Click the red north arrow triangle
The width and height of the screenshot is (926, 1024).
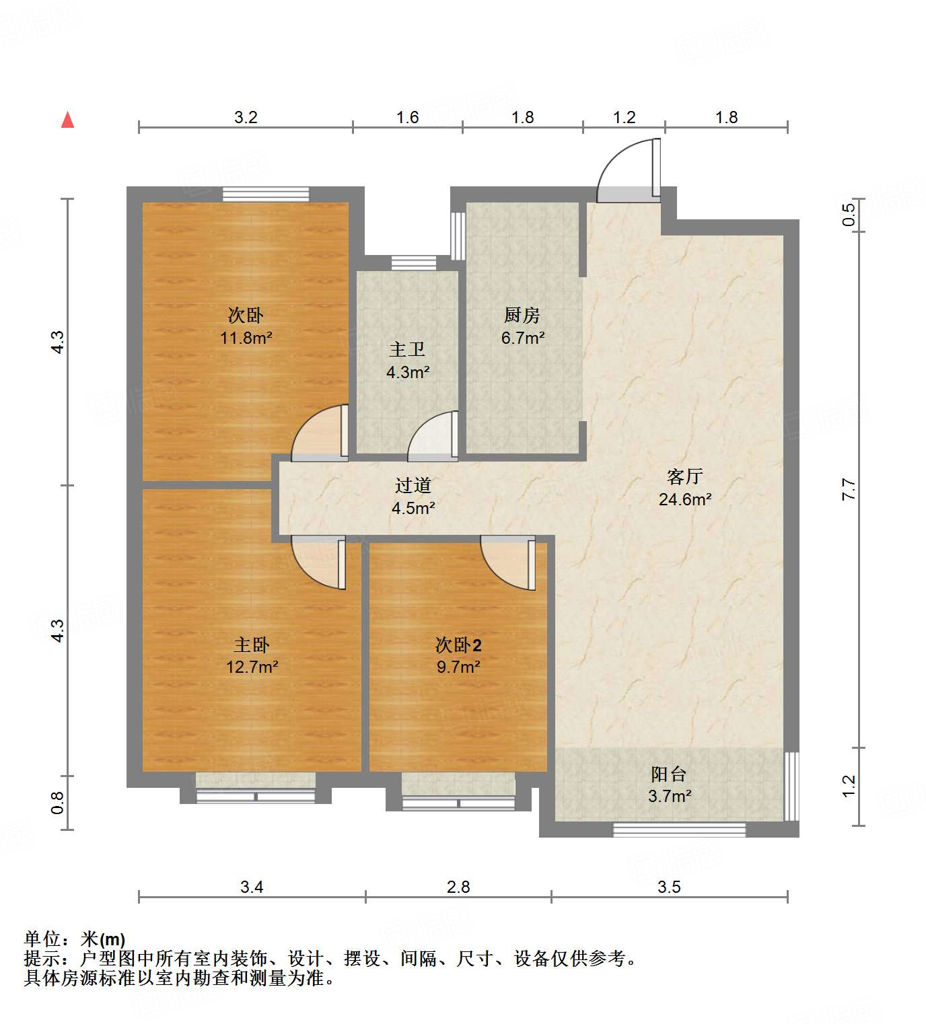(x=67, y=120)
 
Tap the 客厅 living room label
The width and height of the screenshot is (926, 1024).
(x=684, y=476)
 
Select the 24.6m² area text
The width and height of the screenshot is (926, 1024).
(x=684, y=499)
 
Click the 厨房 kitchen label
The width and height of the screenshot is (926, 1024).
(x=522, y=315)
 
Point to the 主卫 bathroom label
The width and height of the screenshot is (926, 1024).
(x=407, y=349)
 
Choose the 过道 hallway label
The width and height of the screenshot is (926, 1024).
(x=413, y=485)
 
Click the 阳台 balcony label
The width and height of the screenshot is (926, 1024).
(x=668, y=774)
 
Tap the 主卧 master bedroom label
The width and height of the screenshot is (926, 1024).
(x=251, y=645)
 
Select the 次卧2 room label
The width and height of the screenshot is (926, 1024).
(x=458, y=645)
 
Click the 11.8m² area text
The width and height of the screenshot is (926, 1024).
(x=246, y=338)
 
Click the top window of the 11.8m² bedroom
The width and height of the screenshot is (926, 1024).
(x=266, y=194)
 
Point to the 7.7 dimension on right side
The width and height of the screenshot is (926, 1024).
(x=849, y=489)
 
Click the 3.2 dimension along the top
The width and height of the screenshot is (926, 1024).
(x=246, y=117)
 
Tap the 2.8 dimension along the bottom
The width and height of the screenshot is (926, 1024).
(x=458, y=887)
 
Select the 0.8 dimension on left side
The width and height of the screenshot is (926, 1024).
(x=57, y=802)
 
